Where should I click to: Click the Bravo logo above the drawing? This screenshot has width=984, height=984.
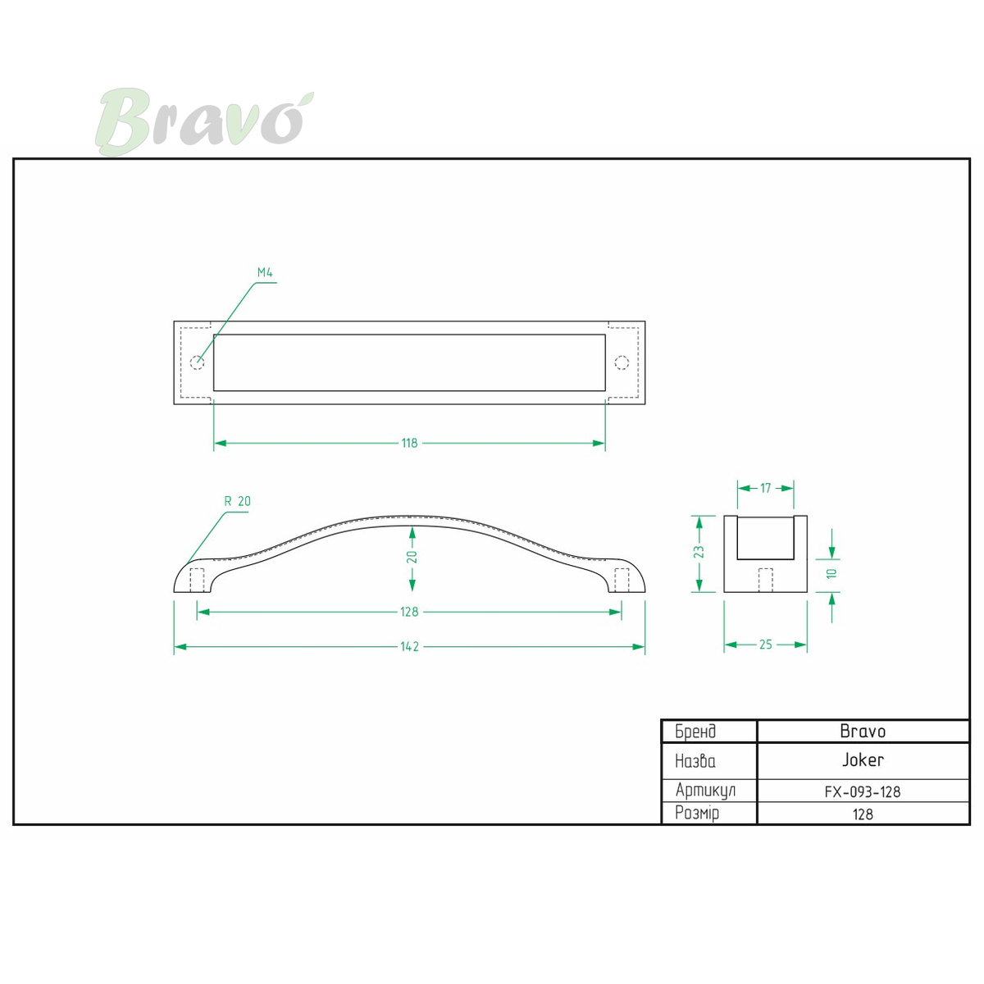click(204, 121)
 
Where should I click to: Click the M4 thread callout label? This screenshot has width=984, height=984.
click(265, 272)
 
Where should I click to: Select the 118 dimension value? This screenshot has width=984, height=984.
click(409, 443)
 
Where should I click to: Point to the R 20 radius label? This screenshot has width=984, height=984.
click(238, 501)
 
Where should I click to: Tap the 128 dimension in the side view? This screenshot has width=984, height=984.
click(409, 612)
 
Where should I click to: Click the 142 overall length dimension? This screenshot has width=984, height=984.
click(409, 646)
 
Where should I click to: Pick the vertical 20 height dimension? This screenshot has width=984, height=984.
click(412, 557)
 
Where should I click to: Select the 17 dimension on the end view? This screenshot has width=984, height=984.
click(765, 488)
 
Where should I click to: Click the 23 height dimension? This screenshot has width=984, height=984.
click(699, 552)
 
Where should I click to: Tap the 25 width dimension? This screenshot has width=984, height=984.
click(765, 645)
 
